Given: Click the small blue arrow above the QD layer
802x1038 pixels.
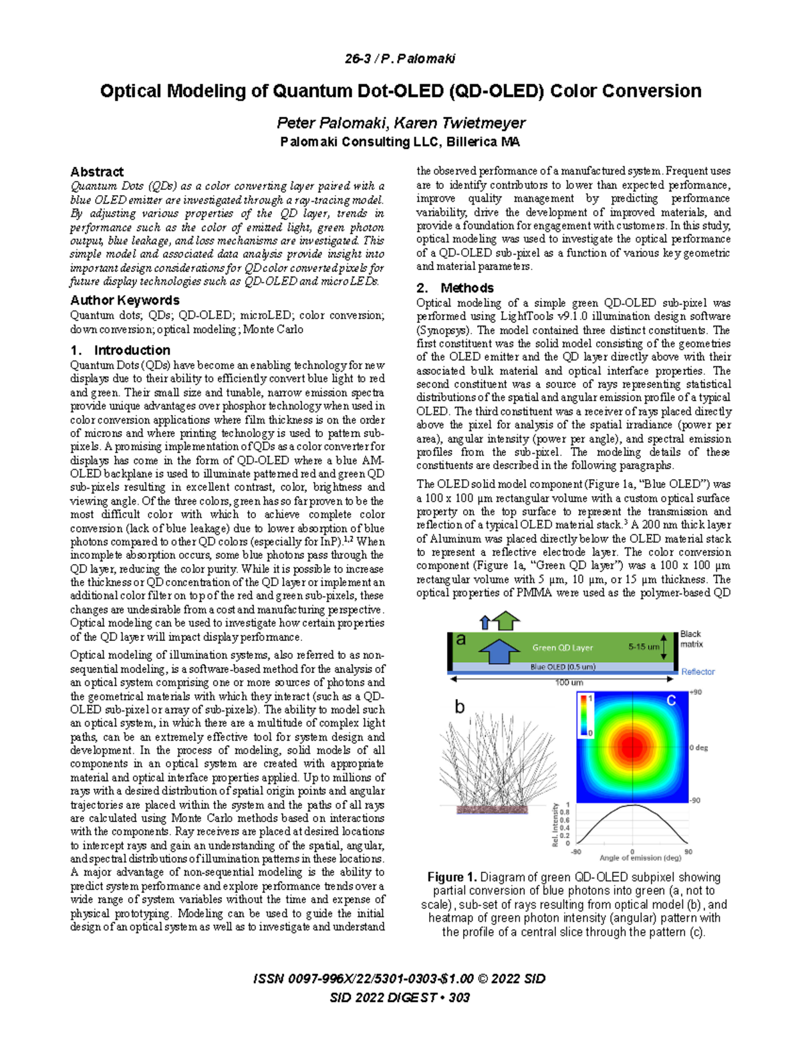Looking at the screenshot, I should [x=486, y=622].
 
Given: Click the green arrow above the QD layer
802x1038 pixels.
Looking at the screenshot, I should [x=507, y=620].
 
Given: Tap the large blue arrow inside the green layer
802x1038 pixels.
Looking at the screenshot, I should [x=499, y=650].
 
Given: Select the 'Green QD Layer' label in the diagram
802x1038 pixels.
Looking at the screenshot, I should [x=562, y=648].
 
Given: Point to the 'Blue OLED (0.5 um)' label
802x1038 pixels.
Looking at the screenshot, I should [x=562, y=666].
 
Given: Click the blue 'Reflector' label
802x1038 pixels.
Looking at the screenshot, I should [x=698, y=672].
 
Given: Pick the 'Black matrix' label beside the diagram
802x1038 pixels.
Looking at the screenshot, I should [x=691, y=639].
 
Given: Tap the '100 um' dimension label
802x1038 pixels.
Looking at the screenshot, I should [x=569, y=682].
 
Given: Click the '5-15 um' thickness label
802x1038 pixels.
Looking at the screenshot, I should [x=644, y=647].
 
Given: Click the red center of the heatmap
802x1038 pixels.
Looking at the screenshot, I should [x=632, y=747].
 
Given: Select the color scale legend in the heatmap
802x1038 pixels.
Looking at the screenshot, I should [x=585, y=715].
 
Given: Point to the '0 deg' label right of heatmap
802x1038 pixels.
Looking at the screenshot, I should [x=698, y=748].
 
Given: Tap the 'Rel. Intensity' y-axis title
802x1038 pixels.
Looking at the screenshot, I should [x=555, y=825].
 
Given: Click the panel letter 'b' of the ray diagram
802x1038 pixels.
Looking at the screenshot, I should [x=460, y=706].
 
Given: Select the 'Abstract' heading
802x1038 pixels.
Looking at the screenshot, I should [x=97, y=172].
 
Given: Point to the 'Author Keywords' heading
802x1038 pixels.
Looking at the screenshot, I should [x=124, y=300].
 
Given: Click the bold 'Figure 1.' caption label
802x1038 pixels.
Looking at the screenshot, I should [x=452, y=877].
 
